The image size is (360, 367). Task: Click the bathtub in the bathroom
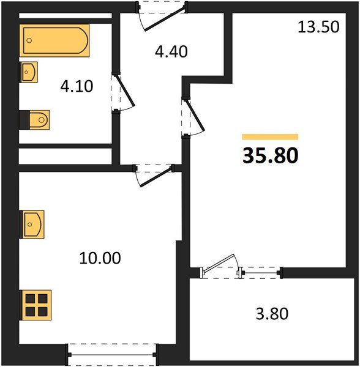tap(55, 41)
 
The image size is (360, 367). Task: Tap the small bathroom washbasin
tap(29, 72)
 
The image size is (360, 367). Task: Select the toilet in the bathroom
tap(37, 119)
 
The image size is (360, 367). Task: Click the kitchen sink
tap(32, 224)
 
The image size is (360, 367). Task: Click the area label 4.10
tap(77, 86)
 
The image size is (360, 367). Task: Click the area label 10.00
tap(100, 258)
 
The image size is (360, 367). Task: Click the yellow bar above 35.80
tap(270, 137)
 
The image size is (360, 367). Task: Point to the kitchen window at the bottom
tap(112, 353)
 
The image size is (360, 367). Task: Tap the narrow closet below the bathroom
tap(64, 156)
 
